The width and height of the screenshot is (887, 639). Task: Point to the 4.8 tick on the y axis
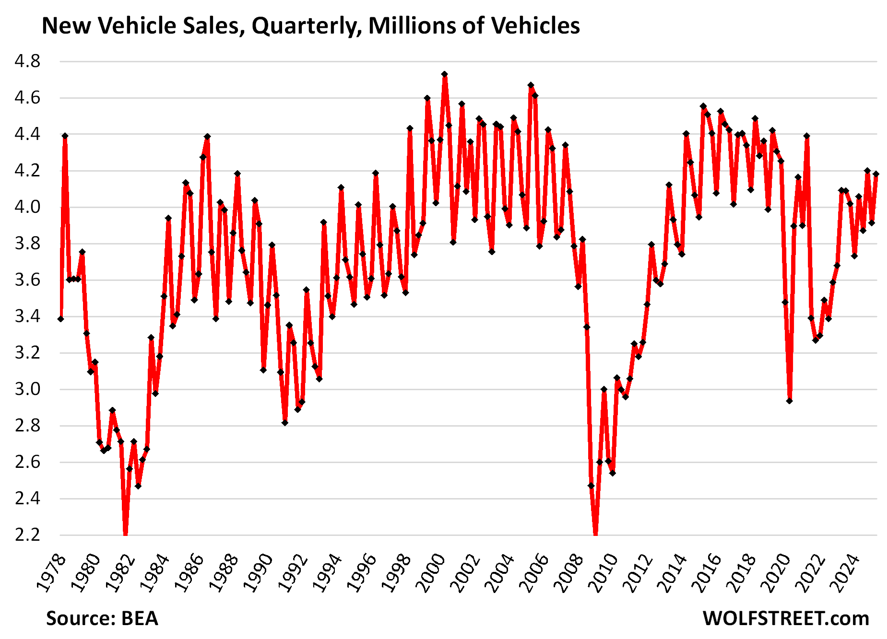coord(27,61)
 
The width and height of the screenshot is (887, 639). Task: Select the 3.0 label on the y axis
coord(27,389)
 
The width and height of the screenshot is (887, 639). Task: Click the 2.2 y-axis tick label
coord(27,535)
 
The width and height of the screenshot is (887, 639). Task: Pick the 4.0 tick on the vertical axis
coord(27,207)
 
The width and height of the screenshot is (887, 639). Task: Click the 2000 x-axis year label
coord(431,573)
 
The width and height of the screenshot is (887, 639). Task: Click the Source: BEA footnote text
coord(102,618)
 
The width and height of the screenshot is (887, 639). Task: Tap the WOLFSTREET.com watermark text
coord(786,618)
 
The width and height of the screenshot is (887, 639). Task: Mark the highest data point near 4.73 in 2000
coord(445,74)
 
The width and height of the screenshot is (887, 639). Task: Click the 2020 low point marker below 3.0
coord(790,401)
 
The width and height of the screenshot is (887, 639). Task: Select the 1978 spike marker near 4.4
coord(65,136)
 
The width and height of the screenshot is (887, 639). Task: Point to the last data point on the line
coord(876,174)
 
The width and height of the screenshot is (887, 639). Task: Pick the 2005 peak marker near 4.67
coord(531,85)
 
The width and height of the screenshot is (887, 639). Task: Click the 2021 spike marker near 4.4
coord(807,136)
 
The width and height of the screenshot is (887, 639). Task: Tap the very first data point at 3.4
coord(60,319)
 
